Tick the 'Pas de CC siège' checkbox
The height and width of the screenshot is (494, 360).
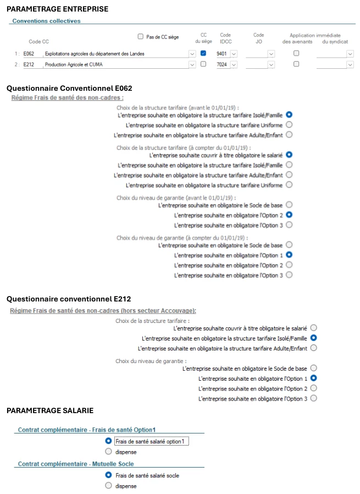coord(140,37)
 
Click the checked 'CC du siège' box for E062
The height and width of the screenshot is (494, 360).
coord(203,53)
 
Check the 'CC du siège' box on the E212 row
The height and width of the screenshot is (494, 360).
coord(203,64)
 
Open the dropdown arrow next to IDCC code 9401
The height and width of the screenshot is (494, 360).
coord(234,54)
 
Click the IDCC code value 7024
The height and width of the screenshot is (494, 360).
coord(221,65)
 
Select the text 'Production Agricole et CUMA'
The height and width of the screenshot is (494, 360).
coord(74,65)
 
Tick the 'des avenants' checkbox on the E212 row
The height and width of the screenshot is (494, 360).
coord(296,64)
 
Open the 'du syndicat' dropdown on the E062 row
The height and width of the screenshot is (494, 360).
coord(350,54)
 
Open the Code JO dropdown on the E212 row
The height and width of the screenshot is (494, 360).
coord(270,65)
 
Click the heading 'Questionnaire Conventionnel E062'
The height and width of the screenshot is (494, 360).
coord(69,88)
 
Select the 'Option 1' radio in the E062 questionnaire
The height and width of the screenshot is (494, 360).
coord(289,255)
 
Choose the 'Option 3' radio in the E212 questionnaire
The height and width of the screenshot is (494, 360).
coord(313,398)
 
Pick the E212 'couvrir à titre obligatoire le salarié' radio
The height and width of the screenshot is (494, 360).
coord(313,327)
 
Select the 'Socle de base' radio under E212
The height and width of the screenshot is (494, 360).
coord(313,367)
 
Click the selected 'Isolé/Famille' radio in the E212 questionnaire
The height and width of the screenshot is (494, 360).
coord(313,338)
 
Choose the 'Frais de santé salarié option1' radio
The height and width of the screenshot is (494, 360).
coord(108,441)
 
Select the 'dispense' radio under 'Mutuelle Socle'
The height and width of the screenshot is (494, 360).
coord(108,486)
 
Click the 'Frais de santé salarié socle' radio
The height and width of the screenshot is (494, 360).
coord(108,475)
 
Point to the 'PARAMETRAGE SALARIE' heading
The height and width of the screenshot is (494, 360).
coord(50,410)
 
